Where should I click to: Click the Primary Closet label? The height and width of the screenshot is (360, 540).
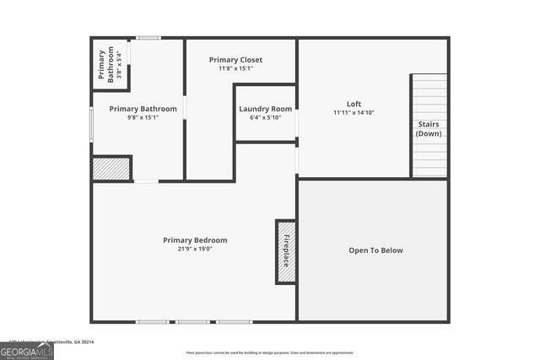pos(236,60)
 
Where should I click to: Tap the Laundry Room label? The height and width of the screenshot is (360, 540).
pos(265,109)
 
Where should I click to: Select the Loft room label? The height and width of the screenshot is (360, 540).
pos(354,104)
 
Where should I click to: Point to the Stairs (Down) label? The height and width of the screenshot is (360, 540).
pos(429,129)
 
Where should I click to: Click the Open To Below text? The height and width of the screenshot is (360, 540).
pos(375,250)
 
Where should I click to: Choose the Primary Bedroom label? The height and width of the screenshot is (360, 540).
pos(195,240)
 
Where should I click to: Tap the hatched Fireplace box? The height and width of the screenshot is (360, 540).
pos(285,252)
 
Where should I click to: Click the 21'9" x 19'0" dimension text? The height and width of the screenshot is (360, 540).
pos(195,250)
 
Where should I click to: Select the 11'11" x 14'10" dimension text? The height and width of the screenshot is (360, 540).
pos(354,112)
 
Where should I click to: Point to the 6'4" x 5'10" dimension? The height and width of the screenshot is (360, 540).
pos(265,117)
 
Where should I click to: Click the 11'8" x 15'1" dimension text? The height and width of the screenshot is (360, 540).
pos(236,68)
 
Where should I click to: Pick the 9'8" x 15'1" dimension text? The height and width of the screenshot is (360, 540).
pos(143,117)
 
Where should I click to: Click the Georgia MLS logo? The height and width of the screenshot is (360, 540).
pos(26,350)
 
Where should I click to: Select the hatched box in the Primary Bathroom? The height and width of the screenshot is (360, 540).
pos(111,169)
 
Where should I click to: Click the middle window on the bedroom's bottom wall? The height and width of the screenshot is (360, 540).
pos(193,321)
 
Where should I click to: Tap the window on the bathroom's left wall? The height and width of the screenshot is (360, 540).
pos(92,126)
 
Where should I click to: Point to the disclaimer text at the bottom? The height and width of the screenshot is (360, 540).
pos(270,353)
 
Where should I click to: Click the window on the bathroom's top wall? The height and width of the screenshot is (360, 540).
pos(148,38)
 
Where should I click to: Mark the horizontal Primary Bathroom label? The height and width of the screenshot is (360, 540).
pos(143,109)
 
